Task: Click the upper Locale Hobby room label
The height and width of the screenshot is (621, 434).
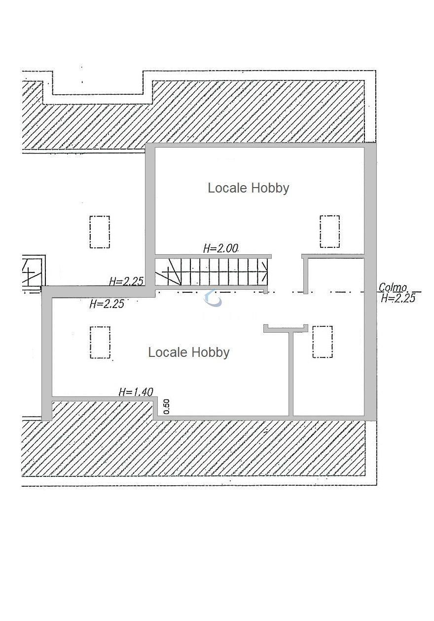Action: (x=248, y=188)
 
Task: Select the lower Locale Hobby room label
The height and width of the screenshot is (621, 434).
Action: (x=188, y=352)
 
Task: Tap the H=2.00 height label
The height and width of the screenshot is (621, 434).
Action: (x=220, y=248)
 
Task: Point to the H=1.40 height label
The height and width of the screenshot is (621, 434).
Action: (x=136, y=392)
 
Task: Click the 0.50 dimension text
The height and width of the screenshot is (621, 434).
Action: (x=166, y=407)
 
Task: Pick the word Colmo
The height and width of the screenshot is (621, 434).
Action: (x=393, y=287)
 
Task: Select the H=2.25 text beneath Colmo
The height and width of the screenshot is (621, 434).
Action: (x=398, y=298)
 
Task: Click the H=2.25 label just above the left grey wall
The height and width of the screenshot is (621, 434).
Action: (x=126, y=281)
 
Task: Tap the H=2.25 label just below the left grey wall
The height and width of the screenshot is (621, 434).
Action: (x=107, y=304)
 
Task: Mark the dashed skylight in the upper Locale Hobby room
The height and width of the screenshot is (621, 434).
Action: (x=329, y=232)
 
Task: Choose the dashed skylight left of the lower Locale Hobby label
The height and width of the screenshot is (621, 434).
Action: (x=100, y=343)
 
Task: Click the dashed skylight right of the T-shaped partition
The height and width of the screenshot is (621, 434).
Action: (x=323, y=342)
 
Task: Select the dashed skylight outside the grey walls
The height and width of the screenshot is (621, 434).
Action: (x=100, y=232)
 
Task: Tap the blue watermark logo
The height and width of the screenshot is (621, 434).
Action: (x=213, y=298)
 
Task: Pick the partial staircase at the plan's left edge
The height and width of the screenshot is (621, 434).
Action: (x=33, y=271)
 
